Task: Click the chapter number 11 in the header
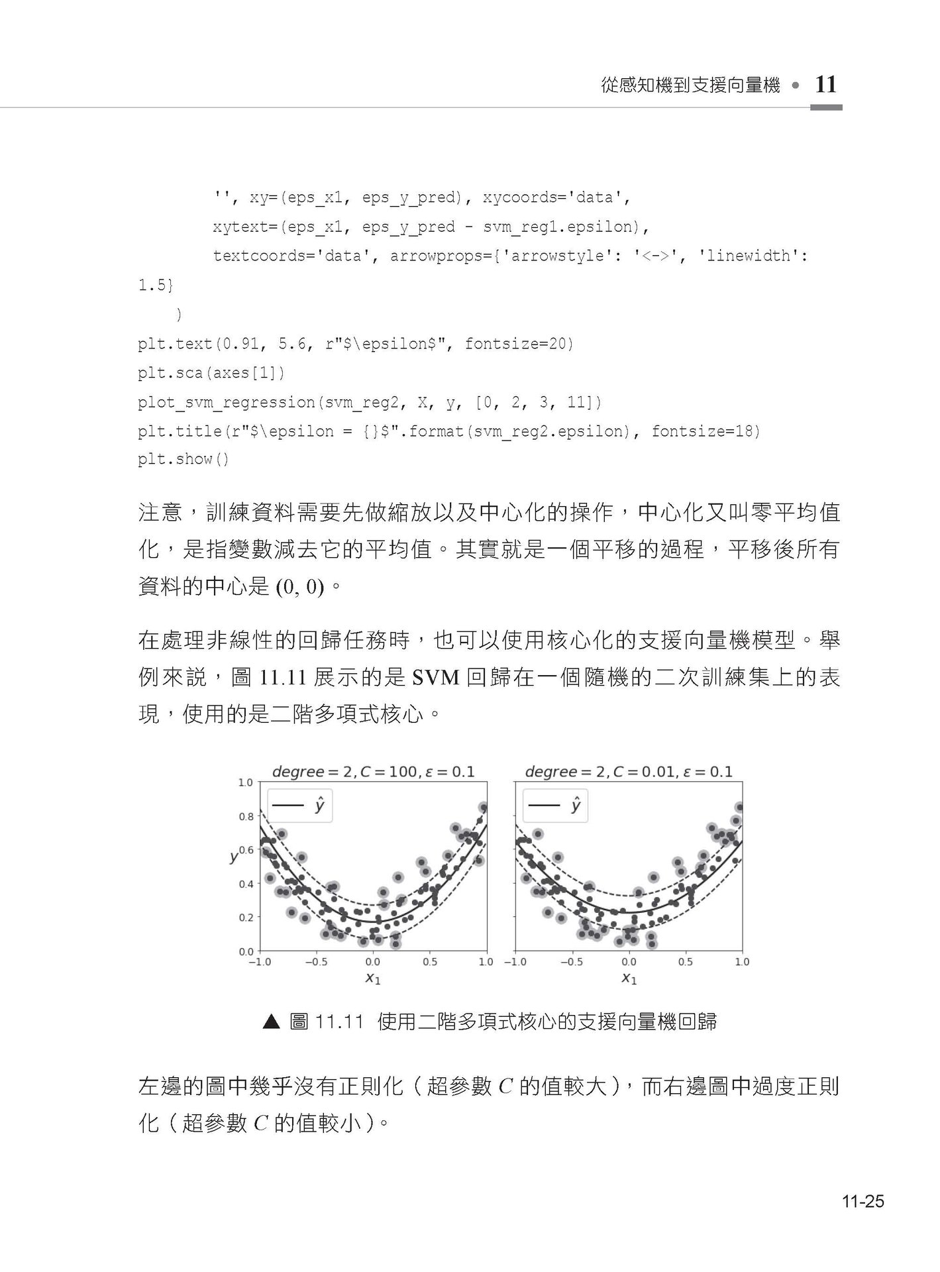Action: (825, 85)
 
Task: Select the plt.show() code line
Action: (183, 459)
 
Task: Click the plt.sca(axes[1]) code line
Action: (211, 372)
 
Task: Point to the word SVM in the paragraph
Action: (435, 678)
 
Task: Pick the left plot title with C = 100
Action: (373, 772)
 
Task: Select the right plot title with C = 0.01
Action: (629, 772)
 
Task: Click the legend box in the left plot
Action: (300, 806)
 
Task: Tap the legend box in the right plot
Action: (555, 806)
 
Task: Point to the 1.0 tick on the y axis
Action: (246, 782)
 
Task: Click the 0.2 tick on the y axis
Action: (246, 918)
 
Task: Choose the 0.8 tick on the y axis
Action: (246, 817)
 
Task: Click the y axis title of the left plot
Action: (233, 857)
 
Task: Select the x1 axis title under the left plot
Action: (373, 978)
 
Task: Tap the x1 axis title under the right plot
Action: (629, 978)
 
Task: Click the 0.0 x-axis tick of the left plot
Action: (373, 962)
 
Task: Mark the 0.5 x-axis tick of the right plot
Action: (685, 962)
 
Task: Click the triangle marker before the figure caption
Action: (272, 1022)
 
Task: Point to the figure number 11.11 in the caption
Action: (340, 1022)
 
